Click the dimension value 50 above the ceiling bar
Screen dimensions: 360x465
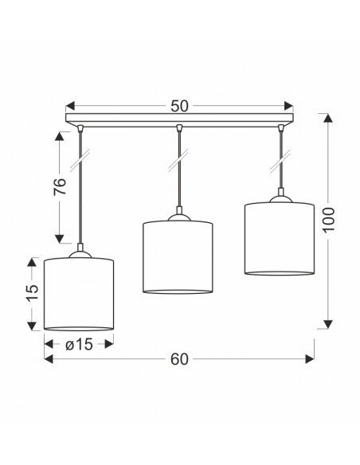pos(179,106)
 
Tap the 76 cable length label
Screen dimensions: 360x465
pos(60,186)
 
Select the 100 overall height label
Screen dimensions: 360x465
pos(329,220)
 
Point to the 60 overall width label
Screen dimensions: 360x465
pos(179,359)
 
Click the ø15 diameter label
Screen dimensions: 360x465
pos(79,345)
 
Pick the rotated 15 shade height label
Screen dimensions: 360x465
pos(33,293)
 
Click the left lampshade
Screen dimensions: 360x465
pos(79,294)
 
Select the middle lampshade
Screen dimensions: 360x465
pos(178,257)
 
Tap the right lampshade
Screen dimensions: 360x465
pos(280,239)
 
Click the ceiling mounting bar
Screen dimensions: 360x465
pos(179,119)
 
